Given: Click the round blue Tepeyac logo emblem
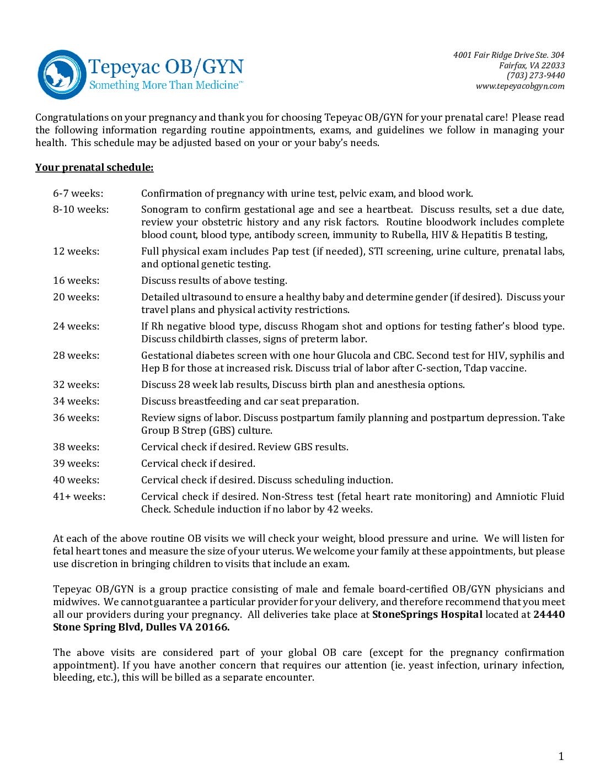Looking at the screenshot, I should [x=61, y=75].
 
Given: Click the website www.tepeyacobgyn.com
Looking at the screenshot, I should [x=520, y=86].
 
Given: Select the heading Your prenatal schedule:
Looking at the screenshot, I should [x=94, y=168].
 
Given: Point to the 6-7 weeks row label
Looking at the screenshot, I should [x=78, y=193].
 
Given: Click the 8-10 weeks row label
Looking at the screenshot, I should [x=81, y=209].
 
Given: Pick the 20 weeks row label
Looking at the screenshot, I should [x=76, y=297].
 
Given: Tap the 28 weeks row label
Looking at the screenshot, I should [x=76, y=355].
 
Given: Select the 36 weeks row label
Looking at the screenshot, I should [x=76, y=418].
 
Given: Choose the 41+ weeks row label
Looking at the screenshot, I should [x=79, y=497].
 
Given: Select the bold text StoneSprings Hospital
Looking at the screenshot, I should [x=427, y=615].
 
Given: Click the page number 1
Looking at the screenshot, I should [x=561, y=756].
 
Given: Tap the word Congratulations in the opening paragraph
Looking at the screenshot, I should [x=72, y=117].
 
